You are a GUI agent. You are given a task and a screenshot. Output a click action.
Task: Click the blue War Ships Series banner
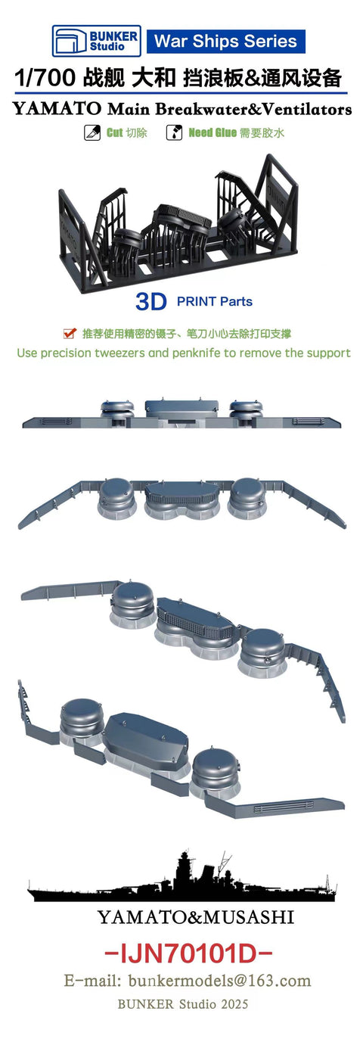pyautogui.click(x=226, y=42)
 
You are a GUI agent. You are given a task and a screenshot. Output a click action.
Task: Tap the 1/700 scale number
pyautogui.click(x=45, y=78)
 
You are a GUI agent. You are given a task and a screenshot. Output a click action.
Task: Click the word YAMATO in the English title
pyautogui.click(x=57, y=110)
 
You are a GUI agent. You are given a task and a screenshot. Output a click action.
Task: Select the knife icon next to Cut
pyautogui.click(x=92, y=132)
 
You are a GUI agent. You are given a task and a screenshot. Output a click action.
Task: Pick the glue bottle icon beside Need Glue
pyautogui.click(x=174, y=132)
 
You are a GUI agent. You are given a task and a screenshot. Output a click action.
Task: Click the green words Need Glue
pyautogui.click(x=213, y=132)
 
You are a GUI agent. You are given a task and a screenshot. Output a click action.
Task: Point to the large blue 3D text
pyautogui.click(x=150, y=302)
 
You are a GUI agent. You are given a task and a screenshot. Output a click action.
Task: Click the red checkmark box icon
pyautogui.click(x=69, y=333)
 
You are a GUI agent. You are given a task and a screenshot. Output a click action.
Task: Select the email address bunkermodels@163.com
pyautogui.click(x=219, y=981)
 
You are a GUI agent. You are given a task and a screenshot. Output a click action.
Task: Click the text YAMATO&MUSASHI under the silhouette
pyautogui.click(x=195, y=917)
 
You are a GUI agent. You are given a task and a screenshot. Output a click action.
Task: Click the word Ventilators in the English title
pyautogui.click(x=308, y=110)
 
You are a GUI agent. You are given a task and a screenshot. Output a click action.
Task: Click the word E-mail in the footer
pyautogui.click(x=93, y=981)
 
